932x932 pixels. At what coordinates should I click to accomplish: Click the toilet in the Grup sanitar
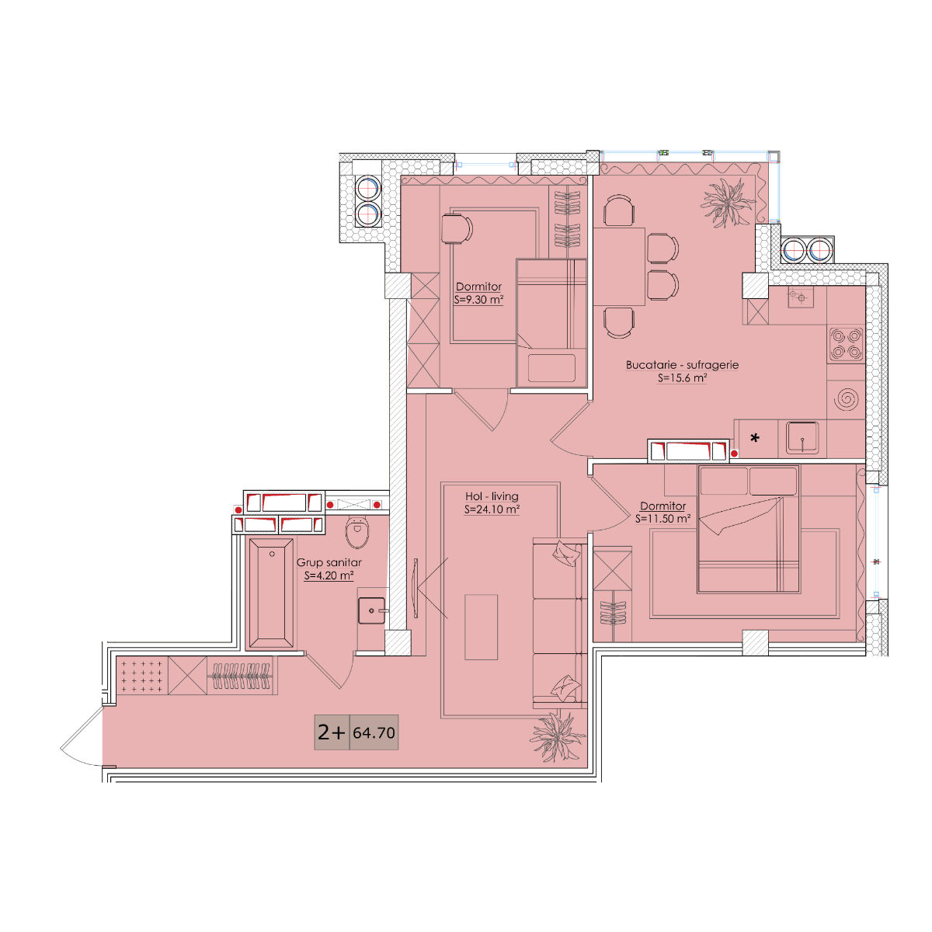point(357,531)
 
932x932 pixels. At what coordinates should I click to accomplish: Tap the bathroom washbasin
point(371,611)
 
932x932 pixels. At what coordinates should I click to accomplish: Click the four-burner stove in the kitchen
point(846,344)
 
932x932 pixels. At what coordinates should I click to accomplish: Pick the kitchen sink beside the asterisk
point(802,438)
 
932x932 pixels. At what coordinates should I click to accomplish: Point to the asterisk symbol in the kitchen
point(754,438)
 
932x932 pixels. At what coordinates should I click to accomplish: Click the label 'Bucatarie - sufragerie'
point(682,365)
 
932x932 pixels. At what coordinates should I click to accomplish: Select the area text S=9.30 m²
point(478,299)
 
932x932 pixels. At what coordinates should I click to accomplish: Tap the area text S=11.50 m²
point(662,519)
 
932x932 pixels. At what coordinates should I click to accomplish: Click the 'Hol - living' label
point(492,496)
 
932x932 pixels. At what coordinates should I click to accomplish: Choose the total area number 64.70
point(374,732)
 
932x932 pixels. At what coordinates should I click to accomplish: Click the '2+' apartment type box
point(332,732)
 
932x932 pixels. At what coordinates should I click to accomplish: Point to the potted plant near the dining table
point(728,202)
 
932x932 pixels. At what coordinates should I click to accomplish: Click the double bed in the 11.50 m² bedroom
point(748,529)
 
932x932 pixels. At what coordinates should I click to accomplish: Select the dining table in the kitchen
point(620,266)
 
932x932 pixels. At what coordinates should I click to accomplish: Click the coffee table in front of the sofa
point(481,627)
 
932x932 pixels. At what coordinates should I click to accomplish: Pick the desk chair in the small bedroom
point(457,228)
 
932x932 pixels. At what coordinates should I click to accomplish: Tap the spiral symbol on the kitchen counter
point(847,399)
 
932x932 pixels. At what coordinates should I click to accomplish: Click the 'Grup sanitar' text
point(329,562)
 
